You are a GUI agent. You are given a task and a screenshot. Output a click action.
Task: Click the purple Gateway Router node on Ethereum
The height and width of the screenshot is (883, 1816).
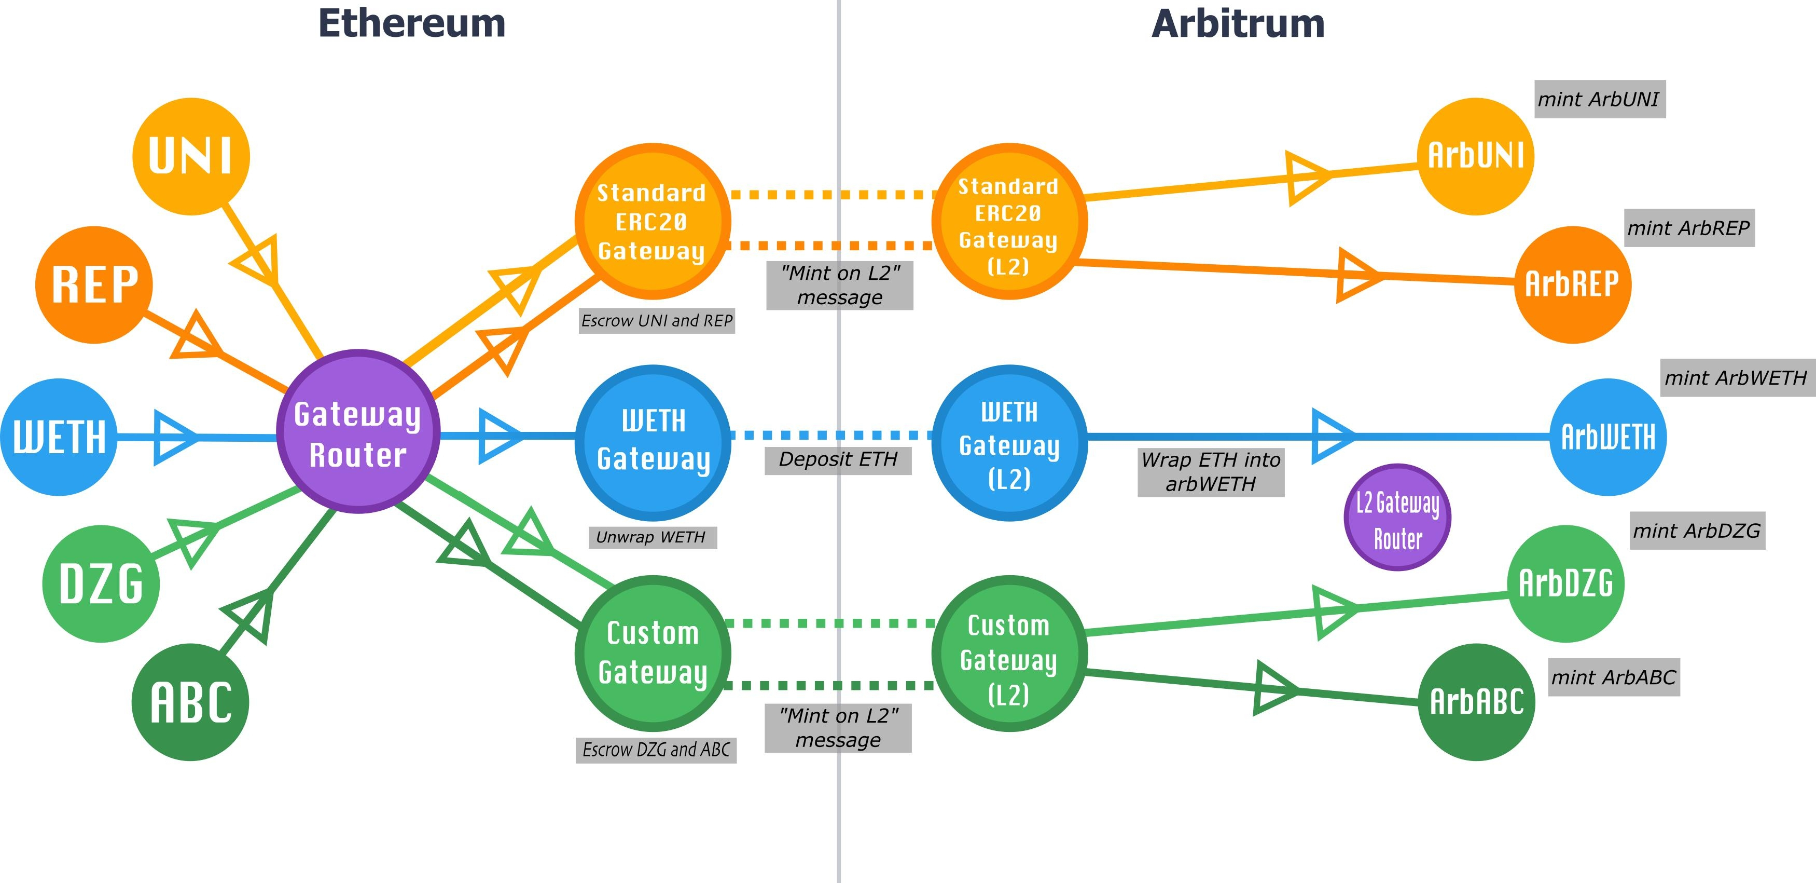(x=358, y=431)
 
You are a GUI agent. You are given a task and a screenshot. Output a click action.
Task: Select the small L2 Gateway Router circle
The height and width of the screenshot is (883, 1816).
(x=1397, y=517)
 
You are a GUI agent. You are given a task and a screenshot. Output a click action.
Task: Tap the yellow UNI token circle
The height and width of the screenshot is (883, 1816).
(x=191, y=157)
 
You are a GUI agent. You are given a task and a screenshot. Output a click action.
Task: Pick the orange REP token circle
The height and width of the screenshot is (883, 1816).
(x=94, y=285)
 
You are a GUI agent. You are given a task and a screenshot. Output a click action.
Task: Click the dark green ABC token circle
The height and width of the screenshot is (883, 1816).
(x=190, y=702)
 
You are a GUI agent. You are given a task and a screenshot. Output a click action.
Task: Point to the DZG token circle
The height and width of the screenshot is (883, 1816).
(x=101, y=584)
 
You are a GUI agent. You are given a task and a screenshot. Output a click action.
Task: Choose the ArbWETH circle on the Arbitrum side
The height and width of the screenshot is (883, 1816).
(x=1608, y=437)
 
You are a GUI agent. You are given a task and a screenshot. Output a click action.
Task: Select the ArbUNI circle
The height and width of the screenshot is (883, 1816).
(x=1476, y=157)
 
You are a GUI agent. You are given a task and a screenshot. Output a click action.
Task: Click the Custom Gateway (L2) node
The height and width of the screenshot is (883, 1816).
(x=1009, y=654)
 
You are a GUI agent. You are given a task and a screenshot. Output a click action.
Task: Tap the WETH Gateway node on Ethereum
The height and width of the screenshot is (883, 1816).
(x=654, y=443)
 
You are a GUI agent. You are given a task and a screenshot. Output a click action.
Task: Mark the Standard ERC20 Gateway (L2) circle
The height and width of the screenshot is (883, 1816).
(x=1009, y=222)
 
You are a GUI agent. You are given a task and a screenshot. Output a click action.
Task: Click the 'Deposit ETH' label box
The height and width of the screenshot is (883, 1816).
(x=838, y=460)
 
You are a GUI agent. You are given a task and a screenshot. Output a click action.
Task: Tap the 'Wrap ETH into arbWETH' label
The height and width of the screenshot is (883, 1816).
(x=1211, y=472)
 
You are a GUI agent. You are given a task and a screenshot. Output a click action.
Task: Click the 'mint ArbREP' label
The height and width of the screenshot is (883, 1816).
(x=1689, y=228)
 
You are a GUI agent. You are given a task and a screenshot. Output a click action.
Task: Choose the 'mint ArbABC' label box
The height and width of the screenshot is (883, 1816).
(x=1614, y=677)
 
